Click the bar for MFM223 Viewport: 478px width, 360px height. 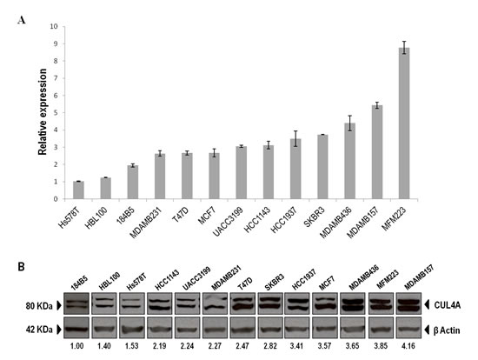404,123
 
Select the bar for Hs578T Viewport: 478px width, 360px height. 78,190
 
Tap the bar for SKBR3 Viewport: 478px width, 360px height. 322,167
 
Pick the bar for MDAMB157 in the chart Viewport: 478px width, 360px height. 377,152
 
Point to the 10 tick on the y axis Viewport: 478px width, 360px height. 54,27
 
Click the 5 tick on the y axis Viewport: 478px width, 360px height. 56,113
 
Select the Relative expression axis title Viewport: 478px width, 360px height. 43,111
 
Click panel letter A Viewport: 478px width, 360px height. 22,21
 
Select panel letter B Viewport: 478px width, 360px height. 22,267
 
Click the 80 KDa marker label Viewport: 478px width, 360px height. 39,306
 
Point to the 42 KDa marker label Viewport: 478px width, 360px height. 39,330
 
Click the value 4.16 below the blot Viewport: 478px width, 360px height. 408,346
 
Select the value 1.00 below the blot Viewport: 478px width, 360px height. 76,346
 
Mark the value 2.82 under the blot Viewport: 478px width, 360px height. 270,346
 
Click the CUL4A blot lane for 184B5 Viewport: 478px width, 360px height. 76,303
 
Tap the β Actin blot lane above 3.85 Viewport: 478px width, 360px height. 381,328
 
